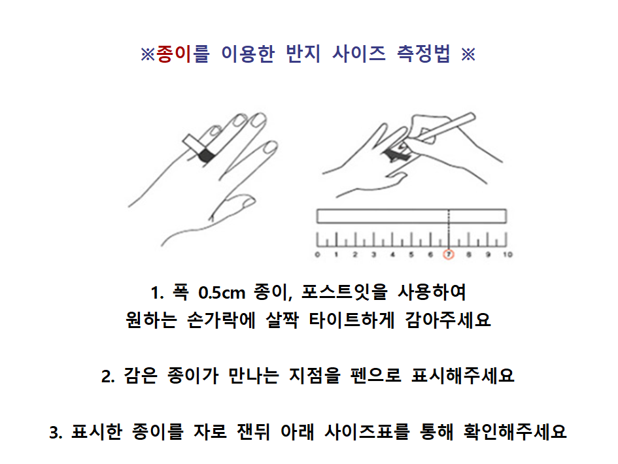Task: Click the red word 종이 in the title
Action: pos(174,54)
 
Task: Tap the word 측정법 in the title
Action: pos(423,54)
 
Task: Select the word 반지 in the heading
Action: pos(303,54)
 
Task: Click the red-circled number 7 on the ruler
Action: pos(449,254)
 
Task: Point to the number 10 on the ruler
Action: pos(507,254)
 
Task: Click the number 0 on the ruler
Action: pos(317,254)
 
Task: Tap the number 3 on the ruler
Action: pos(373,254)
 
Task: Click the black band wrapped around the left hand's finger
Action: pos(206,155)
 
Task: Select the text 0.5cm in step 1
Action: pos(222,293)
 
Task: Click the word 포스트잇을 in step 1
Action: pos(345,292)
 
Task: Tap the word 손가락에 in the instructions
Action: pos(221,320)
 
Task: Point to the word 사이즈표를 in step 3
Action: pos(367,431)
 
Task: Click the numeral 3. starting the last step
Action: pos(56,433)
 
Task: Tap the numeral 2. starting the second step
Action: pos(108,376)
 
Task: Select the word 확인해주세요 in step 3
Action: pos(515,431)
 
